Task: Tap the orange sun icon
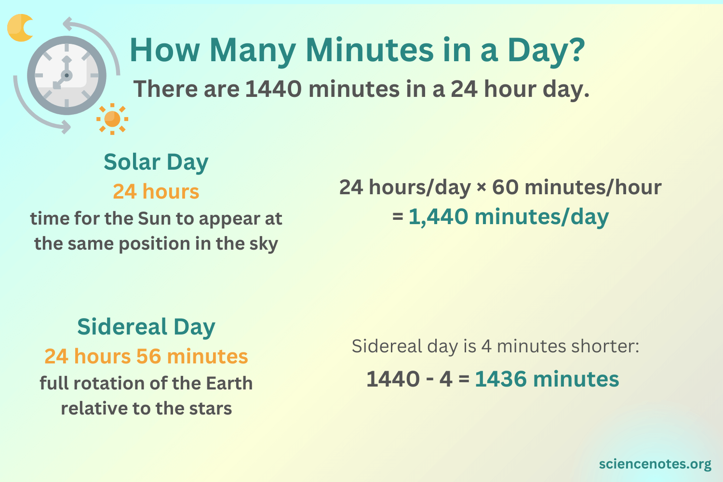pos(112,119)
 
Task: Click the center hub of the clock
pos(67,76)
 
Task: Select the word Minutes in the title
pos(370,50)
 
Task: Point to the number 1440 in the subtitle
pos(273,89)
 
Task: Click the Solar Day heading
pos(156,162)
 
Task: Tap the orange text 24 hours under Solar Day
pos(156,191)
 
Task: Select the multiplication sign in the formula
pos(481,187)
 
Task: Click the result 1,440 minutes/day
pos(508,216)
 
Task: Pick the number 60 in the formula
pos(505,187)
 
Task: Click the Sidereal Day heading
pos(146,327)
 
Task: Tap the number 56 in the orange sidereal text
pos(148,357)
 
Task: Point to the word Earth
pos(229,383)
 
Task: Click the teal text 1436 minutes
pos(547,379)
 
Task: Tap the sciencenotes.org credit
pos(655,464)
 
